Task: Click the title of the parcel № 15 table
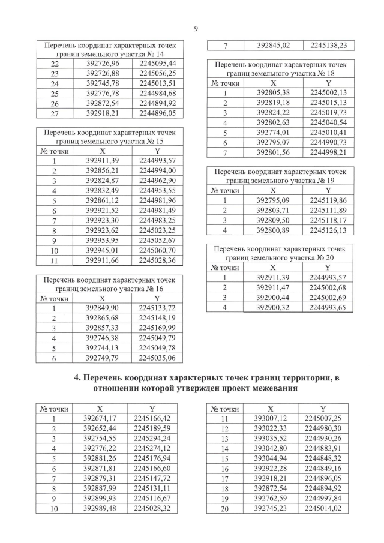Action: (110, 136)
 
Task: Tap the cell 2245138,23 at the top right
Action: (329, 45)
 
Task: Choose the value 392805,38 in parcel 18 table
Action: (273, 93)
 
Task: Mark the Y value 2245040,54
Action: (329, 122)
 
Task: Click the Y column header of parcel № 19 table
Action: (329, 190)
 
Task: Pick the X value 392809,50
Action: (273, 220)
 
